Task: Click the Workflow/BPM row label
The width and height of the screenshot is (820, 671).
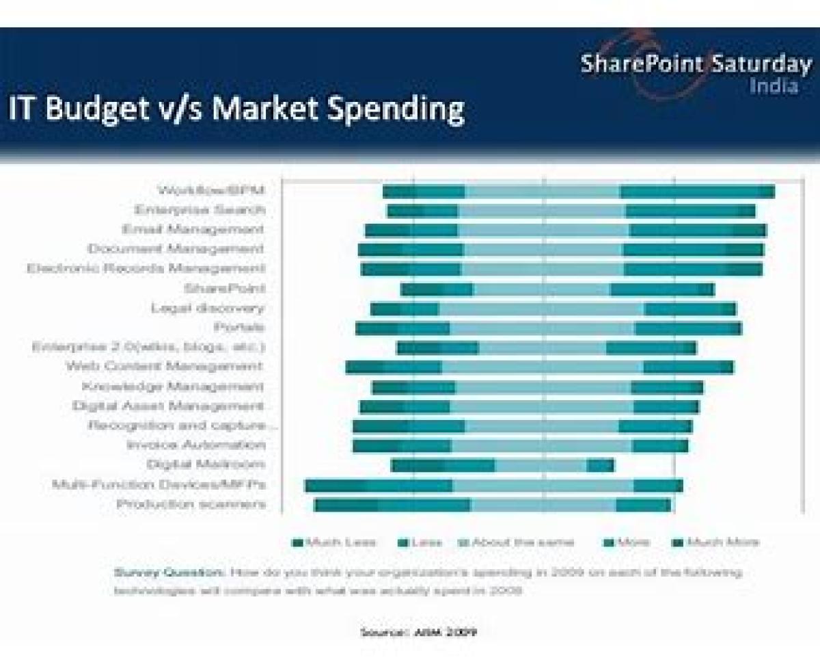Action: click(x=210, y=189)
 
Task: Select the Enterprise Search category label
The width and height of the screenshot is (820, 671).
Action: click(x=199, y=209)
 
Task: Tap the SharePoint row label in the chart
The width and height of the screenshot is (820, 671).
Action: click(x=224, y=289)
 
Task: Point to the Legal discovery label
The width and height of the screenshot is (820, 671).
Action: click(x=208, y=308)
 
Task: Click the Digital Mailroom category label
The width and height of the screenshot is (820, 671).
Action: click(x=206, y=464)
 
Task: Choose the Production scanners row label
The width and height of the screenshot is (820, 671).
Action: click(x=191, y=505)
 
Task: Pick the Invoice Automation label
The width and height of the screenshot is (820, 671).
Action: click(x=195, y=445)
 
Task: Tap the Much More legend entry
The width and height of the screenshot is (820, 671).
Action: click(x=722, y=542)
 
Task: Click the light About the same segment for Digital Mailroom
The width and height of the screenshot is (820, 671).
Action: click(x=541, y=466)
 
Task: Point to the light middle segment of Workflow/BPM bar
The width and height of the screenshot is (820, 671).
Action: click(x=543, y=192)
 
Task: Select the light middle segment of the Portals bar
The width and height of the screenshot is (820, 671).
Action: click(x=542, y=329)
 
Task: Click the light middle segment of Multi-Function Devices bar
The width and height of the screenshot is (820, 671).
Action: click(x=543, y=486)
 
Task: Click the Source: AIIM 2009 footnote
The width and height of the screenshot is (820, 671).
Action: click(x=418, y=632)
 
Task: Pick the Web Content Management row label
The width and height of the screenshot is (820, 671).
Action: click(x=164, y=367)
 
